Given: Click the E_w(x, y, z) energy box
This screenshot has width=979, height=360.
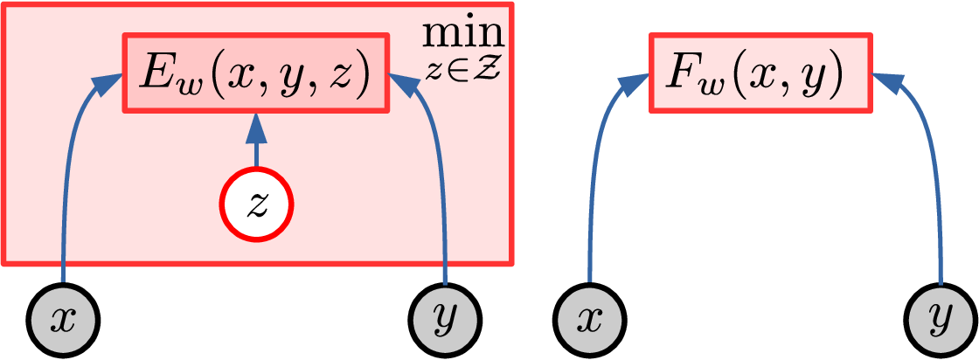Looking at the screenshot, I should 254,73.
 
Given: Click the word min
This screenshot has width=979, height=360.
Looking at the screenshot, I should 463,33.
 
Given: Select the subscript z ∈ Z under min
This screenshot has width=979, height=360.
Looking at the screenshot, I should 463,66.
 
